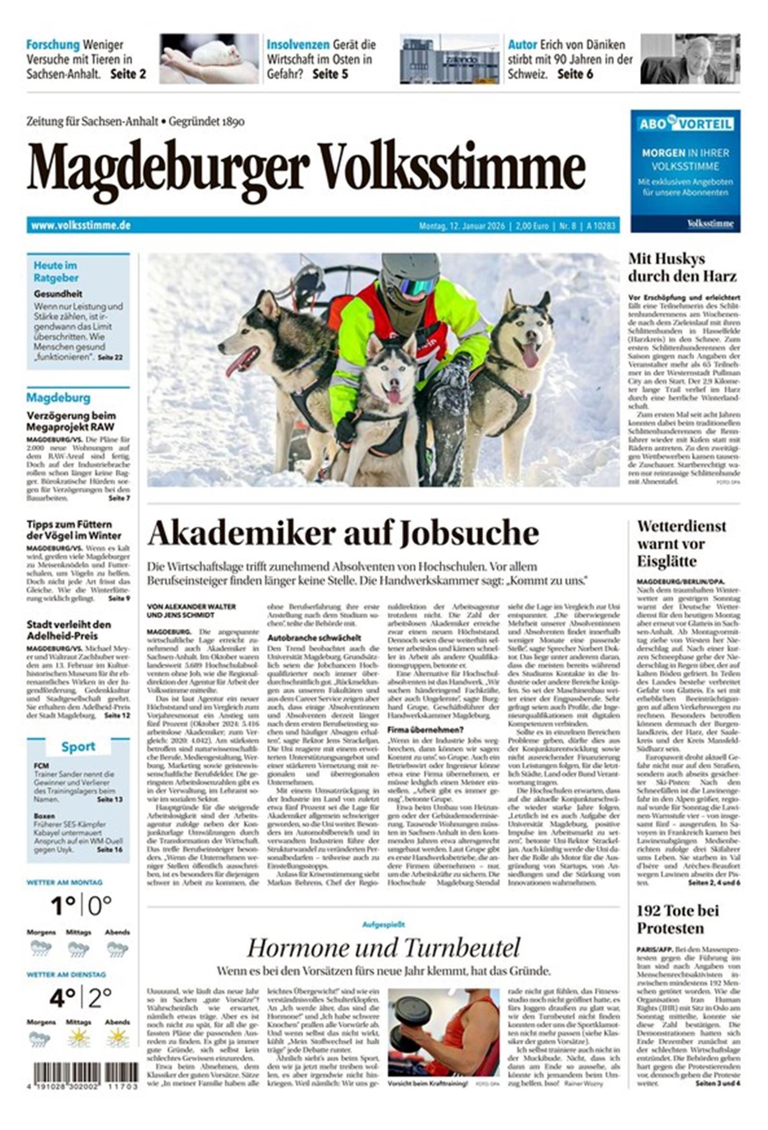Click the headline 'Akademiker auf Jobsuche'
click(x=343, y=534)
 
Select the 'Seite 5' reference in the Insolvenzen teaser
click(x=330, y=74)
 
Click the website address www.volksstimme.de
click(x=81, y=226)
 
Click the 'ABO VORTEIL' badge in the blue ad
click(x=685, y=124)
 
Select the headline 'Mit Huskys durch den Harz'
click(x=682, y=267)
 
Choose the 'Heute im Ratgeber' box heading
click(x=56, y=271)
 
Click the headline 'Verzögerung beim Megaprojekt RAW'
click(x=71, y=421)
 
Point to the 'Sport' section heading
click(x=78, y=746)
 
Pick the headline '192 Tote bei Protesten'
click(x=678, y=919)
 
